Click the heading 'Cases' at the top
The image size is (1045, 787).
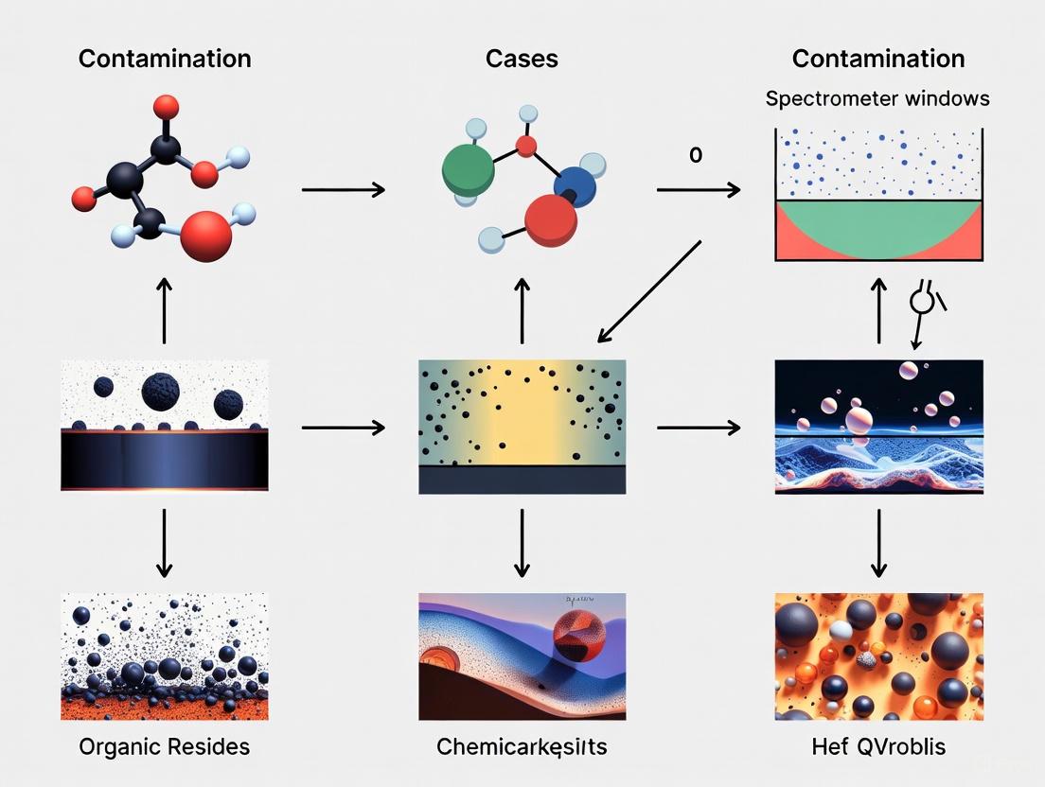coord(522,59)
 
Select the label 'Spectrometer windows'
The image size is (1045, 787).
coord(877,98)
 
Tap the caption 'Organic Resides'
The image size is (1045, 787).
coord(165,746)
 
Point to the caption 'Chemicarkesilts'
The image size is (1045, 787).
coord(522,746)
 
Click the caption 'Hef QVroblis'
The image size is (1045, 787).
coord(877,746)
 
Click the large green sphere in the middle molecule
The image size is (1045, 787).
coord(469,169)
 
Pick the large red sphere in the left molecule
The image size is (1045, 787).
coord(205,235)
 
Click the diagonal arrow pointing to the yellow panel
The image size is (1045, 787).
coord(649,291)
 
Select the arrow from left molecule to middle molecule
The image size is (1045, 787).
coord(343,190)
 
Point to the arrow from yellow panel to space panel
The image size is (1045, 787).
coord(699,428)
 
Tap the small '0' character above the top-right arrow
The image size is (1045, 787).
coord(696,155)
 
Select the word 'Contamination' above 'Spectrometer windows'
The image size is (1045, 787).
coord(877,59)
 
